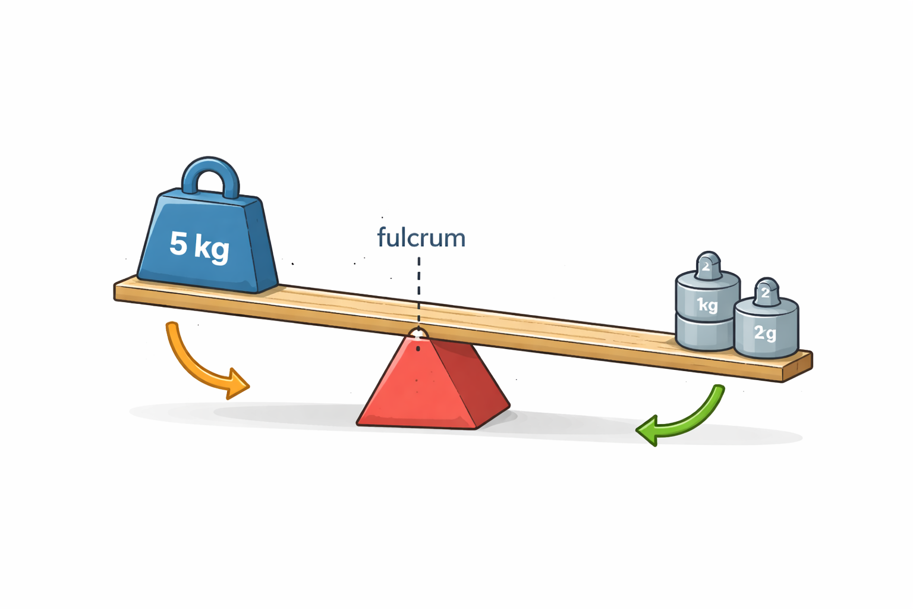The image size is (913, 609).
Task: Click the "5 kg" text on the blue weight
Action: (199, 244)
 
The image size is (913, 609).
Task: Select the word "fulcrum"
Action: (421, 238)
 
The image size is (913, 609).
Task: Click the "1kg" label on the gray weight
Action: (707, 305)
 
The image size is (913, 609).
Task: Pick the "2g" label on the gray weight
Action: (765, 332)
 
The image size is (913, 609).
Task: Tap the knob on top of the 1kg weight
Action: (708, 265)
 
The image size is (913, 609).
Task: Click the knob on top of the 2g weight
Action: (766, 291)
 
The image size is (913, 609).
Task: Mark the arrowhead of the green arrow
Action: (648, 429)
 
